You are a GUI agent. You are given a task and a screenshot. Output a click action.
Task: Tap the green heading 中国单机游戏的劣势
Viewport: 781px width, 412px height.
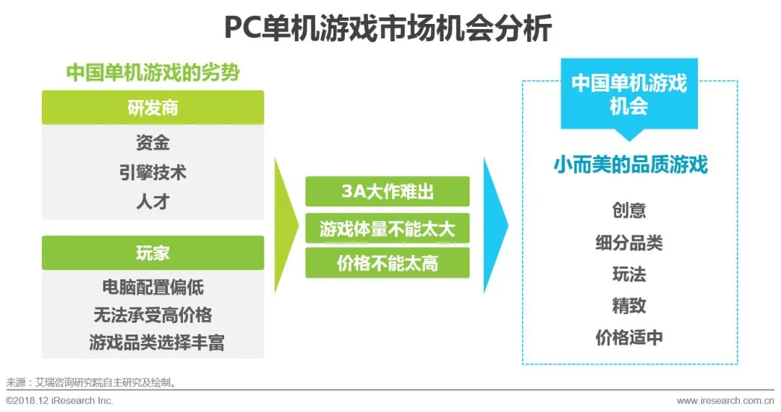pos(153,73)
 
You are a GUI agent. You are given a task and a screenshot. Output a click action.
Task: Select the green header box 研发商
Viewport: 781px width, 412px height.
pos(153,107)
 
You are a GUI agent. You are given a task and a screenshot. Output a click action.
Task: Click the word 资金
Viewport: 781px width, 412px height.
pos(153,142)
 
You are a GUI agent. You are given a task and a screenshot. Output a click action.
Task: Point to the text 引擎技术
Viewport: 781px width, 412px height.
pos(153,172)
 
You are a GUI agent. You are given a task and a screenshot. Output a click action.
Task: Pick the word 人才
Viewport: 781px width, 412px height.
pos(153,201)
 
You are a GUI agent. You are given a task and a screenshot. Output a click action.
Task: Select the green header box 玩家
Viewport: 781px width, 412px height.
pos(153,253)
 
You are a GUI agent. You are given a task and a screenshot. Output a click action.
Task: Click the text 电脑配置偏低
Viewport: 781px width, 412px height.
pos(153,287)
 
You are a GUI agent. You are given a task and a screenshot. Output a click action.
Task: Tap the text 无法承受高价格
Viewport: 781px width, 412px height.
pos(153,315)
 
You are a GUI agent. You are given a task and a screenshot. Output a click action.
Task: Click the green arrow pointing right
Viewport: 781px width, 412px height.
pos(286,225)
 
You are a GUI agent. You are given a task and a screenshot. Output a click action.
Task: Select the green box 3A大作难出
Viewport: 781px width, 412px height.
pos(387,192)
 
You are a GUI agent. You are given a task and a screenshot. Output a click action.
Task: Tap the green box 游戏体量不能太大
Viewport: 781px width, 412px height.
pos(387,229)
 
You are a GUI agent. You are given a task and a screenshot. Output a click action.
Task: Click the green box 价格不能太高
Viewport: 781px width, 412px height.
pos(387,263)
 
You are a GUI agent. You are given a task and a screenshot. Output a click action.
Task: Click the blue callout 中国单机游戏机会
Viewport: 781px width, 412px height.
pos(628,94)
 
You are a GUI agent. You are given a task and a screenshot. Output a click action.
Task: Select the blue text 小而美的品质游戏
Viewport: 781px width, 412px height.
pos(629,165)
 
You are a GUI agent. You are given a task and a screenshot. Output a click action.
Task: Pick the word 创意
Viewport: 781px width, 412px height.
pos(628,211)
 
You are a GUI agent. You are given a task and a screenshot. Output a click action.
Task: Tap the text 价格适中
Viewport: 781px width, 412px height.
pos(628,337)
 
